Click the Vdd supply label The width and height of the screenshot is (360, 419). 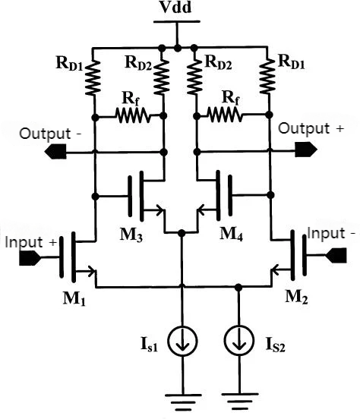pos(175,8)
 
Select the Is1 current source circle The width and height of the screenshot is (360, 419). pos(182,341)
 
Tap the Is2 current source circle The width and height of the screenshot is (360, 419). pos(238,341)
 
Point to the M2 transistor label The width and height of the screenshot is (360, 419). pos(296,296)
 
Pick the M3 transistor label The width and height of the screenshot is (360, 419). pos(131,235)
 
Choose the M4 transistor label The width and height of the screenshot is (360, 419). pos(231,235)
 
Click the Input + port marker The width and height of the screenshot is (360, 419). pos(30,258)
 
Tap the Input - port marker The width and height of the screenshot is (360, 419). pos(336,255)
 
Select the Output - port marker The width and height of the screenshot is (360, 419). pos(55,152)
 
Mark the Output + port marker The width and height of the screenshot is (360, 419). pos(306,149)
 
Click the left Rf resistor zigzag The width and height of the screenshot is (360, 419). pos(133,115)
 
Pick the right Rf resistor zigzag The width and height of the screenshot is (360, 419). pos(225,114)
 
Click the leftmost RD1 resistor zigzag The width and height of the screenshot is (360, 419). pos(93,77)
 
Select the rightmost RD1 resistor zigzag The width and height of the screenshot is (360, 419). pos(267,76)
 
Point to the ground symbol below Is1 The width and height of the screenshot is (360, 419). pos(183,402)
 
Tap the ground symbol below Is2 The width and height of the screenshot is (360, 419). pos(240,401)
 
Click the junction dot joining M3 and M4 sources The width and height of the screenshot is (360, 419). pos(182,233)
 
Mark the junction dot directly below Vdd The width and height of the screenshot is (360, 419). pos(177,49)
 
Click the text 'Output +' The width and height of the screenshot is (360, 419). pos(311,128)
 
